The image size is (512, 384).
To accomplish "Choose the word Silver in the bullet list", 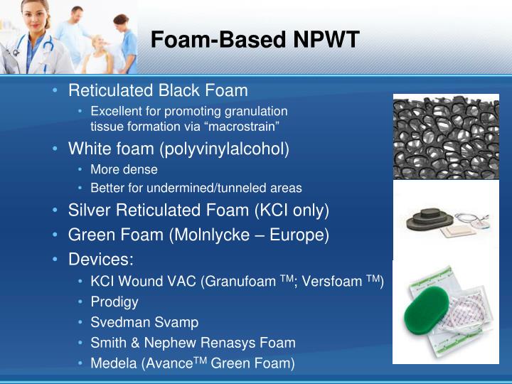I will pos(90,210).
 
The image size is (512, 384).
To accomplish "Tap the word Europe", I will pos(302,235).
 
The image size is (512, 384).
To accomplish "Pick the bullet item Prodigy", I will pos(114,302).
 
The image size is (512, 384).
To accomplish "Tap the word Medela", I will pos(114,363).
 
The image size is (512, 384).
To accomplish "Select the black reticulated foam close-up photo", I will pos(446,137).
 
